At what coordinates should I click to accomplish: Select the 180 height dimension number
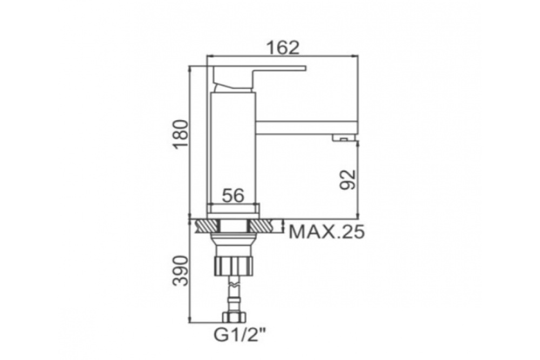[181, 134]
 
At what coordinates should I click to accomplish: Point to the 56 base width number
[233, 195]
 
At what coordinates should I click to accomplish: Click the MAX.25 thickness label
[326, 232]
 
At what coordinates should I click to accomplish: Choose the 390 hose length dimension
[181, 270]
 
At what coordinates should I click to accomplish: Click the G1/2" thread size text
[241, 334]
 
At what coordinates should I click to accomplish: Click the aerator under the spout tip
[343, 138]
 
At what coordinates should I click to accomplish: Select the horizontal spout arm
[307, 127]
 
